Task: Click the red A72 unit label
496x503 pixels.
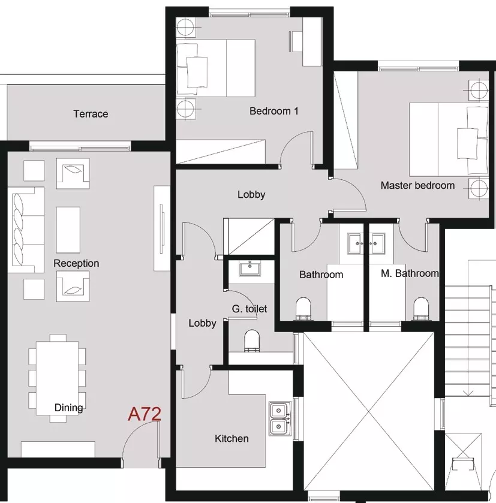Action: (145, 414)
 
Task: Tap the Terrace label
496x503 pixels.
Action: (91, 114)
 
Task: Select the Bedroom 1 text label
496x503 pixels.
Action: (274, 111)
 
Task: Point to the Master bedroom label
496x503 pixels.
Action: (417, 185)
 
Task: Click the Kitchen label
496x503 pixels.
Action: (232, 438)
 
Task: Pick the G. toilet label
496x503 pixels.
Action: (249, 309)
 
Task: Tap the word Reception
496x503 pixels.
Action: (76, 263)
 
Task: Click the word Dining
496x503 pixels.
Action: (68, 408)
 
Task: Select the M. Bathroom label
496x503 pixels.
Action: (410, 273)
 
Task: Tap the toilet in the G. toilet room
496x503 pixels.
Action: (252, 341)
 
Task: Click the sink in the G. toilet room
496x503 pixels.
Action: (250, 268)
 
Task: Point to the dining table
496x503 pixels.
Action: (57, 378)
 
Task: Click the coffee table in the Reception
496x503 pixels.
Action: (68, 230)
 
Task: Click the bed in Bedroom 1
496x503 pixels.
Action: (215, 68)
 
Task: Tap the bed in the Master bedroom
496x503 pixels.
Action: (449, 140)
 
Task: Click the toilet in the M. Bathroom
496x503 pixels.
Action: (421, 309)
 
